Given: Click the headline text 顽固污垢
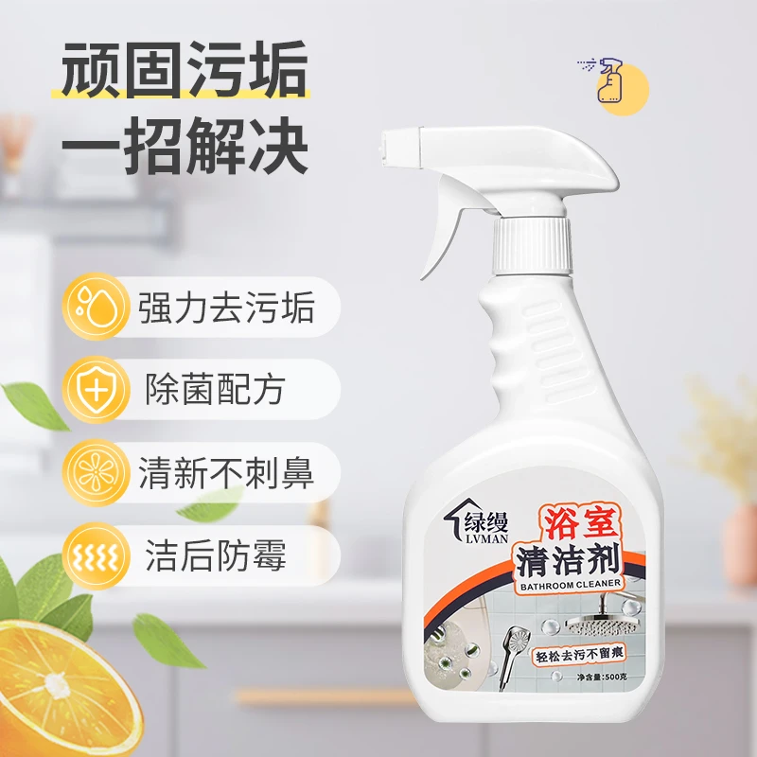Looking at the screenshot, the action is [x=185, y=70].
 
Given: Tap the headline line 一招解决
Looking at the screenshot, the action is [x=185, y=146].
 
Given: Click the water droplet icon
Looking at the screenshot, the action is [x=97, y=307].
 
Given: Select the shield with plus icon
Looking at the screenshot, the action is [x=97, y=390].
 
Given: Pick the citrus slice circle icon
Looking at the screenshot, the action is [x=97, y=472].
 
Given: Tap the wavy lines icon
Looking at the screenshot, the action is [x=97, y=556].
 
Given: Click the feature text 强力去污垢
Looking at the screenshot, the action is [x=226, y=307].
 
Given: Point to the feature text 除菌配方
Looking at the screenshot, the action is [x=216, y=390].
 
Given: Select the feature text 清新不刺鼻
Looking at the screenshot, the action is [x=226, y=472].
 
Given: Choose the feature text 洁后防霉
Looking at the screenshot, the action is [x=216, y=555].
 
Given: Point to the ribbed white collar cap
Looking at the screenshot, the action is [x=532, y=245].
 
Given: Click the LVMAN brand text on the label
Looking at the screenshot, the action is [x=485, y=537].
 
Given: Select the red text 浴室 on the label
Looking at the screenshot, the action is [x=582, y=525].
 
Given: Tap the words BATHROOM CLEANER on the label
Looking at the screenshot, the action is [x=571, y=585].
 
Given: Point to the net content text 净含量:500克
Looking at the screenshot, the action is [x=602, y=677].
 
